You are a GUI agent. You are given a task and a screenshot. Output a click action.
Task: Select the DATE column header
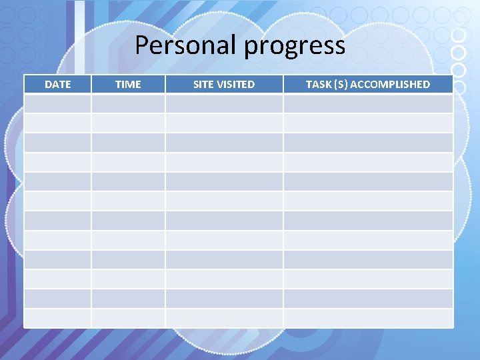tap(57, 84)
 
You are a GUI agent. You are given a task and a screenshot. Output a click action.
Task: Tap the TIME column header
tap(128, 84)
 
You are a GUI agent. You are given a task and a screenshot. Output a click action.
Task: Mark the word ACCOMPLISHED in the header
tap(395, 84)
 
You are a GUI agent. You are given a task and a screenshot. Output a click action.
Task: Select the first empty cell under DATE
tap(57, 103)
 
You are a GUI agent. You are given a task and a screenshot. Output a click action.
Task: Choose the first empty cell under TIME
tap(128, 103)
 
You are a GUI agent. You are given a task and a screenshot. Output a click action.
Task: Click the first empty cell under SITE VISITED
tap(224, 103)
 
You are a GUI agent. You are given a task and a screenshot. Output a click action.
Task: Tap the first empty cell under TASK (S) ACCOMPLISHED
tap(368, 103)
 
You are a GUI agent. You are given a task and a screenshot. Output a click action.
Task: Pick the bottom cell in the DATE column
tap(57, 318)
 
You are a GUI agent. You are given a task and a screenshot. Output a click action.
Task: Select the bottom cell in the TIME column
tap(128, 318)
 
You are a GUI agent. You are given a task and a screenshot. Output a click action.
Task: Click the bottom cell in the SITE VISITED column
tap(224, 318)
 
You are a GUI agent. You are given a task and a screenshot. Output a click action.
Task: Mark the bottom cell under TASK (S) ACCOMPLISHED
tap(368, 318)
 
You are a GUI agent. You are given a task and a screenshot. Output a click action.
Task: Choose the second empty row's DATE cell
tap(57, 123)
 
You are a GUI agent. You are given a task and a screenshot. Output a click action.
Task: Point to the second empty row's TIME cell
tap(128, 123)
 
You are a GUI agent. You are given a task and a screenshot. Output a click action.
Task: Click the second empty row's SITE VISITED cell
tap(224, 123)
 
